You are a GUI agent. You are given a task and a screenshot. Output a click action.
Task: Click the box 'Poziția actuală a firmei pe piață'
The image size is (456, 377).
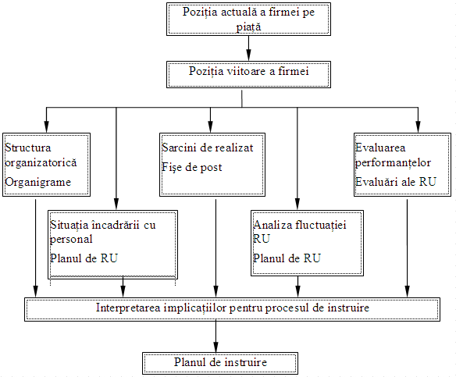point(248,20)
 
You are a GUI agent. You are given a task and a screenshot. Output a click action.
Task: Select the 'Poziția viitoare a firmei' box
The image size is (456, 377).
point(248,74)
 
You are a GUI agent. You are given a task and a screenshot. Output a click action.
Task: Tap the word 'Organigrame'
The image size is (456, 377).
point(38,183)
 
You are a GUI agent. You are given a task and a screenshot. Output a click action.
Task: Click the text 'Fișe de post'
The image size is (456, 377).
point(192,168)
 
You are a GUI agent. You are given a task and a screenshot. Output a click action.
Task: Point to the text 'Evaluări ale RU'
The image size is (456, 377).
point(396,182)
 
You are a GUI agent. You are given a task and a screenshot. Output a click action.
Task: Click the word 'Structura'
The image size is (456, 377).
point(28,148)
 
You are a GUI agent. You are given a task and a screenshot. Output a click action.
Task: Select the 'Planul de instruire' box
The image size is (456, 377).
point(220,363)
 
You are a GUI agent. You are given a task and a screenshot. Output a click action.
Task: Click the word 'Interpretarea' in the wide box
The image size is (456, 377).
point(128,308)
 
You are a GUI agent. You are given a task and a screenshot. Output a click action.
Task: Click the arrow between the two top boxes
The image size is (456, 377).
point(248,48)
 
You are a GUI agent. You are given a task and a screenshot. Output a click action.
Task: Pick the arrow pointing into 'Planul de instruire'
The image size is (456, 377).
point(216,336)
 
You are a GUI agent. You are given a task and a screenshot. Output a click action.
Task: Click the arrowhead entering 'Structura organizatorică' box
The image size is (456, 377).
point(46,126)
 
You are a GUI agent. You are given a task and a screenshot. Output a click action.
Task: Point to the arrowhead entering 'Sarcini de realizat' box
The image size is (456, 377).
point(210,126)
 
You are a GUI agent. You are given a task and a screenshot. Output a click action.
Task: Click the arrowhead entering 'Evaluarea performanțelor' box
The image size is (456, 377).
point(418,126)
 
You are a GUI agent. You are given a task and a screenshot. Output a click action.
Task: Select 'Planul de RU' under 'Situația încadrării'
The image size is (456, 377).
point(84,258)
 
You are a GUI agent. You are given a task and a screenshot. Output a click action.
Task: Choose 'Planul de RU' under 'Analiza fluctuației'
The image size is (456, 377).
point(287,258)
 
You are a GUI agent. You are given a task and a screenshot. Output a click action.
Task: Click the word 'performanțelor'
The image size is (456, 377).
point(393,163)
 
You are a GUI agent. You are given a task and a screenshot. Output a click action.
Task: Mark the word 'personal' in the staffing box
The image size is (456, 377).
point(71,239)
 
